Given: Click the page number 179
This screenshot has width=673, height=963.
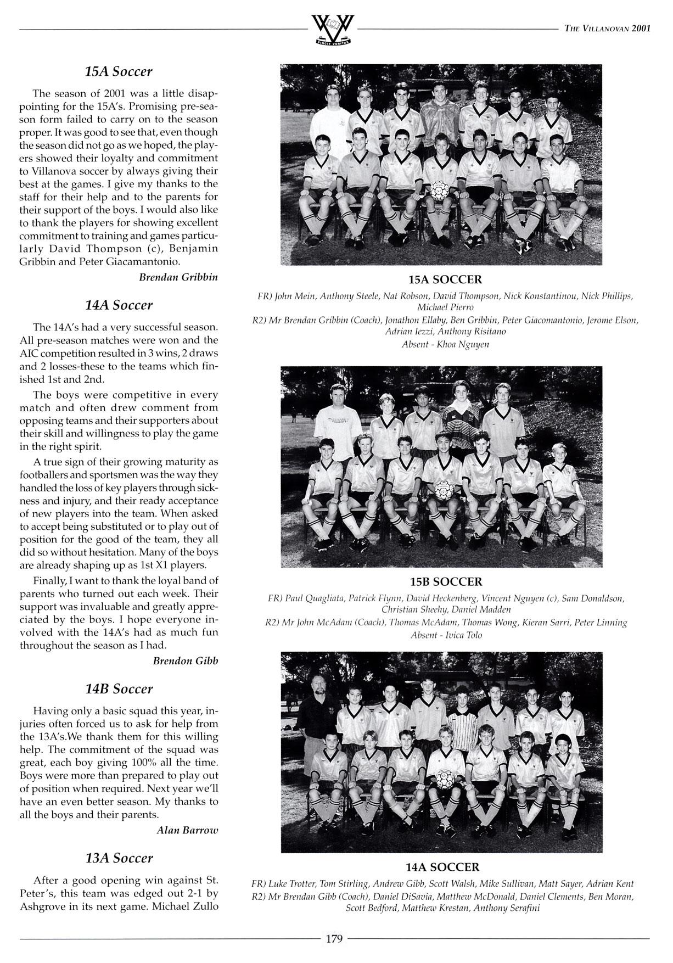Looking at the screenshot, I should (334, 939).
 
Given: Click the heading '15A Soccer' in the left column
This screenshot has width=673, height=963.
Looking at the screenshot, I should (119, 71).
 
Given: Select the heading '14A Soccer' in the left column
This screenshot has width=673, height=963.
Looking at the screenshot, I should (119, 305).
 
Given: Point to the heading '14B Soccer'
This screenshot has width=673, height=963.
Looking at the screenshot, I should (119, 688).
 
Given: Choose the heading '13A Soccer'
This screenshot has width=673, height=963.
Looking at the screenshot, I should (119, 858).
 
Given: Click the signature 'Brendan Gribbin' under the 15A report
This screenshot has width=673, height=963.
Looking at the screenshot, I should (178, 277).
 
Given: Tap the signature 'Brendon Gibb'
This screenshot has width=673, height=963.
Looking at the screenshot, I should (185, 660).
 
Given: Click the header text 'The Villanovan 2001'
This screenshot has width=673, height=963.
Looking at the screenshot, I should (607, 29).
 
